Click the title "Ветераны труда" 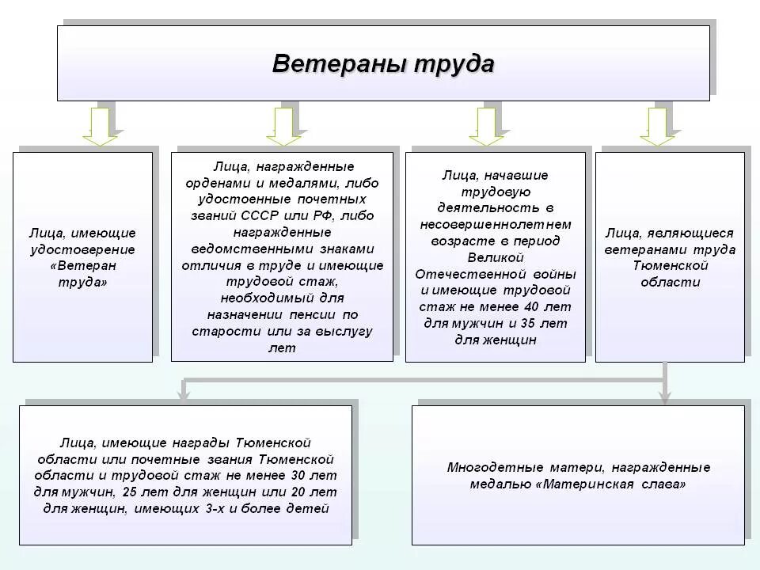point(383,63)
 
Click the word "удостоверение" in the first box point(82,250)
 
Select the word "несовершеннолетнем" point(496,224)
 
